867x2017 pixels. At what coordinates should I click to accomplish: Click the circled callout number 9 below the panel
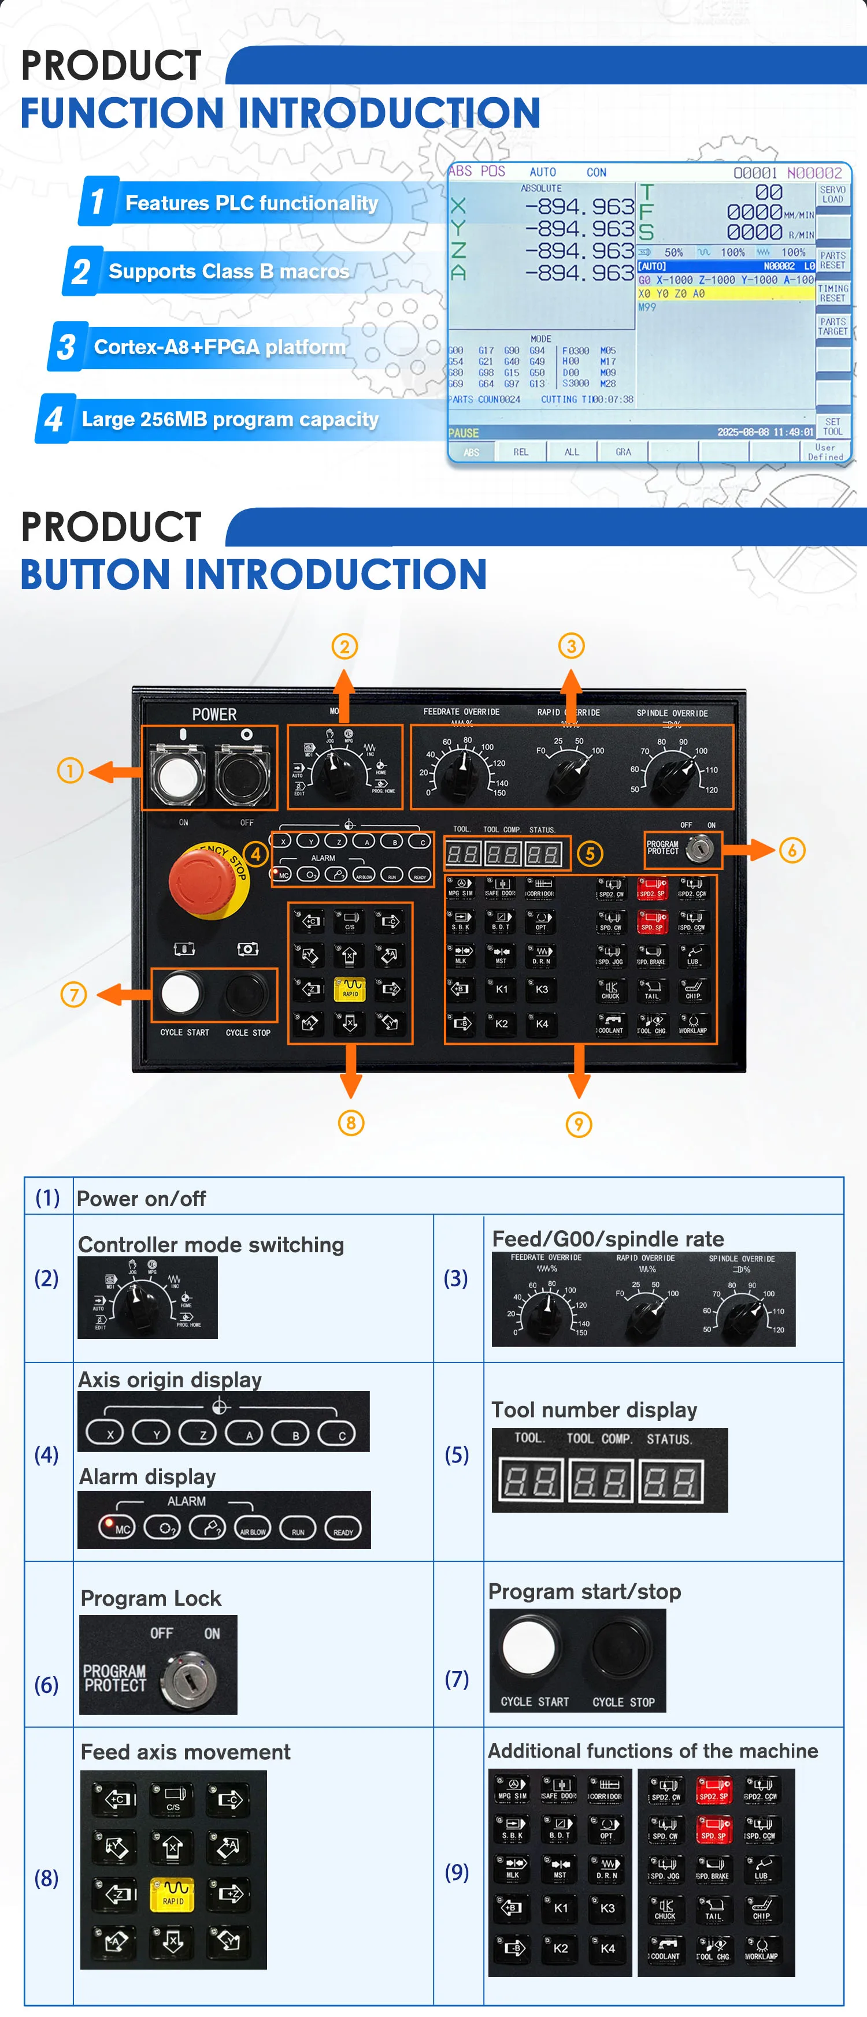[578, 1125]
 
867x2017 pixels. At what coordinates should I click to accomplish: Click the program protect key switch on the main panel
[699, 849]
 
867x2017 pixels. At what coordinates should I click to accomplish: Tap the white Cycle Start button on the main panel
[180, 993]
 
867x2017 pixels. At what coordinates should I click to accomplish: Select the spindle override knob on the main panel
[675, 773]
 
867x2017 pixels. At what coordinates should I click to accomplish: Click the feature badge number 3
[66, 347]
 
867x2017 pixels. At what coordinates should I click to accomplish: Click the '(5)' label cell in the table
[457, 1455]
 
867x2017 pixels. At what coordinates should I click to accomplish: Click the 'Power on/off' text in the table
[141, 1199]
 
